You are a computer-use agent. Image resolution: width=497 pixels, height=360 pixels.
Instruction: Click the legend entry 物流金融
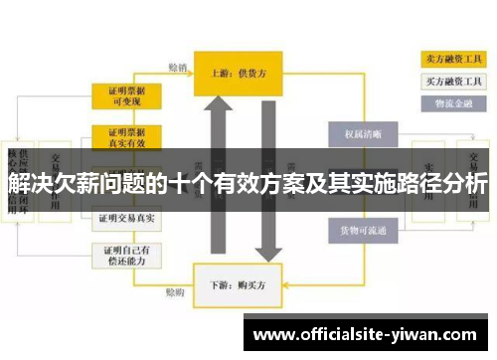click(450, 103)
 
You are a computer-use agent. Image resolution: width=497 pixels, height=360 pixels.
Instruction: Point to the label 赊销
click(179, 69)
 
